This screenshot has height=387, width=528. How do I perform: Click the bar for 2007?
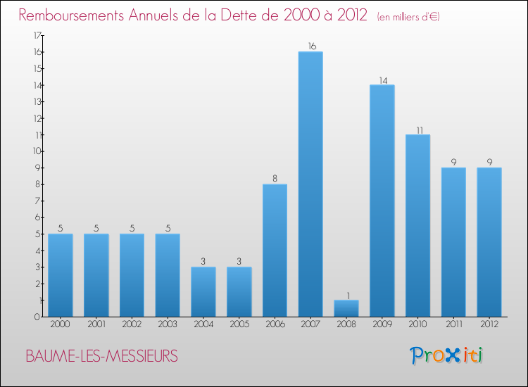point(310,184)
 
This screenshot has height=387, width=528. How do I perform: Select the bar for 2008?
point(346,308)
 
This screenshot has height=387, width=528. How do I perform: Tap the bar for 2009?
point(382,201)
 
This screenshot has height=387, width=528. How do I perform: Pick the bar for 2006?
point(275,250)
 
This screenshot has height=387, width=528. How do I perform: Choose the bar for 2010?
point(417,225)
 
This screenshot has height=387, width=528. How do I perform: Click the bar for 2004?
point(203,291)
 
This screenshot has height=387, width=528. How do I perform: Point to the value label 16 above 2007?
point(310,46)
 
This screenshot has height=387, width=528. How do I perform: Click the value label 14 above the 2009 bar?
point(382,80)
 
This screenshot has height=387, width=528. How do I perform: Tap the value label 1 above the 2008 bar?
point(346,295)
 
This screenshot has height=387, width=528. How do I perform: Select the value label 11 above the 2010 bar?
point(417,129)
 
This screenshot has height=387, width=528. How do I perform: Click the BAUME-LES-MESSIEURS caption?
point(102,356)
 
